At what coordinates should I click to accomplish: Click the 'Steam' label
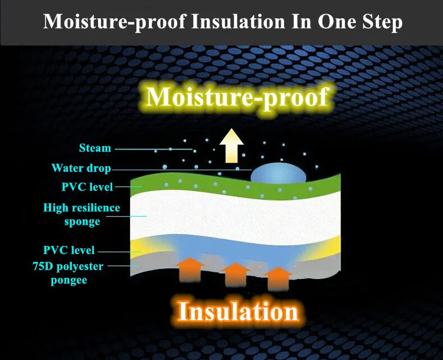coord(95,148)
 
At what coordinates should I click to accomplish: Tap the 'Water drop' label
coord(82,168)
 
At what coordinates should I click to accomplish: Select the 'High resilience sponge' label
coord(82,215)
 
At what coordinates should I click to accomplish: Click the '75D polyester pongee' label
coord(68,273)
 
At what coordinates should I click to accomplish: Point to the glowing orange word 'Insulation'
coord(238,311)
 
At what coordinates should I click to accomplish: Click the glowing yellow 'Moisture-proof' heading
coord(237,97)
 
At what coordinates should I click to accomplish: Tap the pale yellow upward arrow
coord(232,145)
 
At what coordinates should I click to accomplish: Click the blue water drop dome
coord(278,173)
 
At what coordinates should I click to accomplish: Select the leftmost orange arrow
coord(190,269)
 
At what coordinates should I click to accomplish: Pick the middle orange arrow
coord(236,274)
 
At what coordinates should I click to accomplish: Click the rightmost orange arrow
coord(278,278)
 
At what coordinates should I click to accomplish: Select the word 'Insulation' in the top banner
coord(238,21)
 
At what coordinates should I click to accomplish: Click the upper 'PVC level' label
coord(87,187)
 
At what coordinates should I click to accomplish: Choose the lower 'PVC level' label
coord(69,250)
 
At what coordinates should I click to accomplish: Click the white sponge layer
coord(235,216)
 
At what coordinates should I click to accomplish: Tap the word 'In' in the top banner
coord(301,21)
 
